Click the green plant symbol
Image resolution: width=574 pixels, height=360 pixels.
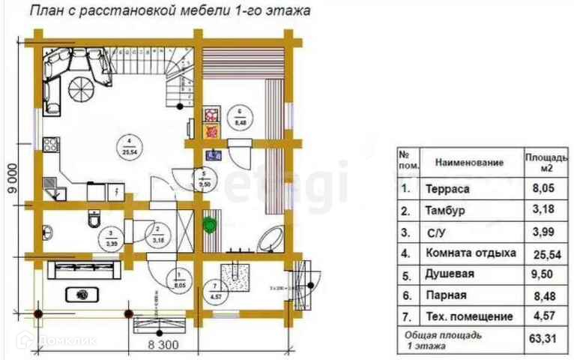pyautogui.click(x=210, y=223)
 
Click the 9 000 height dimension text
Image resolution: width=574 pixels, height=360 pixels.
pyautogui.click(x=13, y=181)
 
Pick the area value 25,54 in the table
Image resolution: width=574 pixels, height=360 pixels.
pyautogui.click(x=542, y=253)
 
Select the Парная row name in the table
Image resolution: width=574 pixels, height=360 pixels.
pyautogui.click(x=447, y=295)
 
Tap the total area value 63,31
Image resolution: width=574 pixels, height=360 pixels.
pyautogui.click(x=542, y=339)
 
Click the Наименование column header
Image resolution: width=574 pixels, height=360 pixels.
pyautogui.click(x=471, y=162)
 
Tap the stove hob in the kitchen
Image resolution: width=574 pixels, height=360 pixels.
pyautogui.click(x=52, y=142)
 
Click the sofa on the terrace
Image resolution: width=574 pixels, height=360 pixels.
pyautogui.click(x=84, y=268)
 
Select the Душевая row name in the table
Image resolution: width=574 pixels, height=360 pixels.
pyautogui.click(x=450, y=274)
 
